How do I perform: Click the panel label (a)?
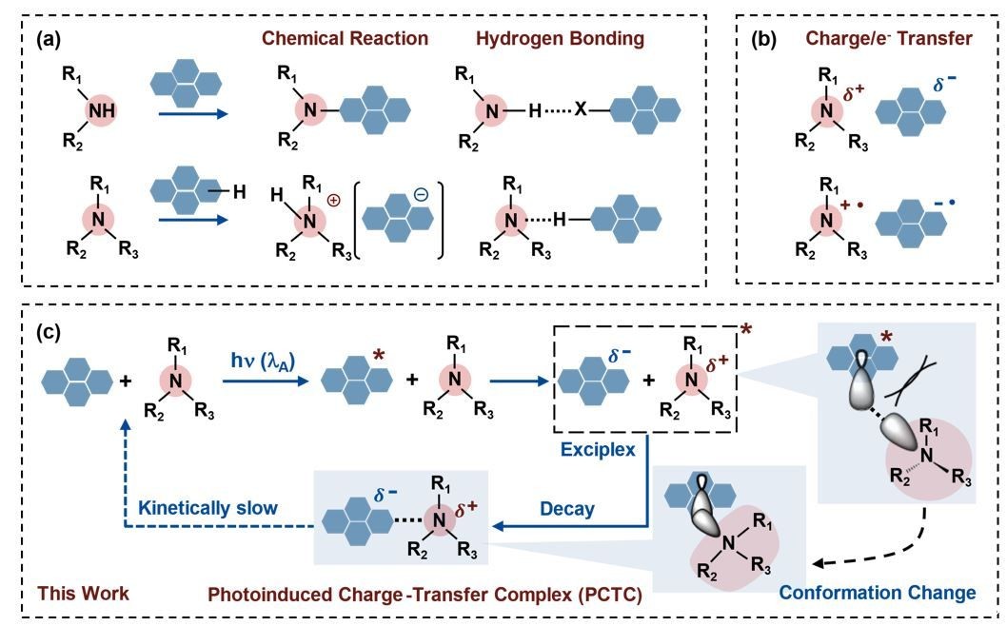click(x=49, y=39)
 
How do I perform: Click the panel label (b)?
click(x=767, y=39)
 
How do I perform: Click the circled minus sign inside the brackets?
click(x=421, y=192)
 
